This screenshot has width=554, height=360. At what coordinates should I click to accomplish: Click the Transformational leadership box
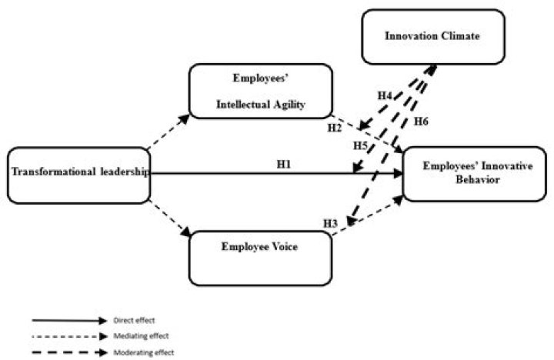[77, 175]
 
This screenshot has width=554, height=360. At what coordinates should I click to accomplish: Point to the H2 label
[333, 127]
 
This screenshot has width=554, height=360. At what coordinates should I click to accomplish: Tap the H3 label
[330, 223]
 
